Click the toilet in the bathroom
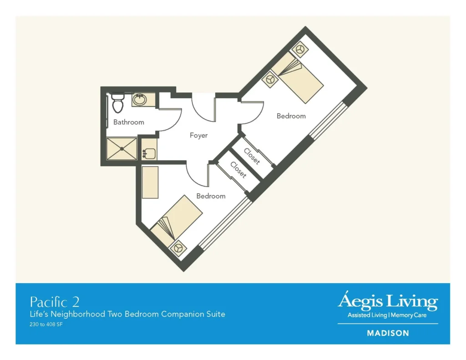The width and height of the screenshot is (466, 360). point(117,103)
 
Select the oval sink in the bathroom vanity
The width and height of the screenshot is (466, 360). point(140,100)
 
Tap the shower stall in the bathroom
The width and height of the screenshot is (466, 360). point(122,149)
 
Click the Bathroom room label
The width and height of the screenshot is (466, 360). point(129,122)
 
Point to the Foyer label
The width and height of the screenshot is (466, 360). point(198,135)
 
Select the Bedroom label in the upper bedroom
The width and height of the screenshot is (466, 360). point(291,116)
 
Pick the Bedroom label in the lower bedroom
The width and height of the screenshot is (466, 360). point(211,196)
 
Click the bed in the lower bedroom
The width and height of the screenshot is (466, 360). point(177,219)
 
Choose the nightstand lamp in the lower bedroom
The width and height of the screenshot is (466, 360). point(177,248)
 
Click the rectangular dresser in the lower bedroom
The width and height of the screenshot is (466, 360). point(150,182)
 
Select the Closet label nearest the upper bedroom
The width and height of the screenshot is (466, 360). point(252,156)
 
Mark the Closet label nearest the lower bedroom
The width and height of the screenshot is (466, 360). point(238,170)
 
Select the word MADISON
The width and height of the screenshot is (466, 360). point(388,333)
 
